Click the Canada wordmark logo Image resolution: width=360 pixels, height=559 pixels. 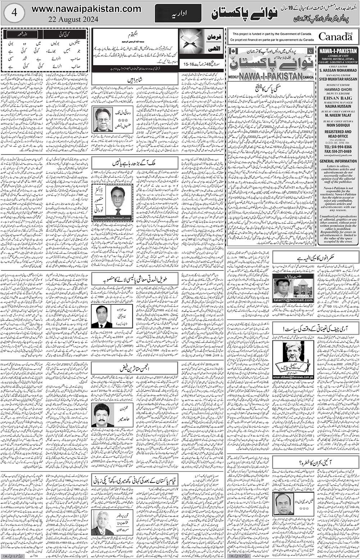(x=335, y=36)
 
